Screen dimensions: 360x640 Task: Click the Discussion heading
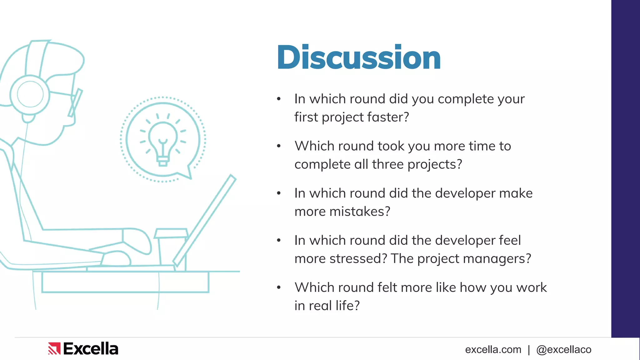click(x=358, y=57)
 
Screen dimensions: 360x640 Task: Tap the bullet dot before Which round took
click(x=279, y=146)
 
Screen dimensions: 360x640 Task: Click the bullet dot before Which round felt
click(x=279, y=287)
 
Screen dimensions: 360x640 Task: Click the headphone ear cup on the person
click(x=30, y=94)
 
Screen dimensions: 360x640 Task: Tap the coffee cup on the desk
click(x=170, y=247)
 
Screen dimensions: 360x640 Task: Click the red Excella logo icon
click(x=54, y=349)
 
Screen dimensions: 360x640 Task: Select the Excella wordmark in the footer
click(x=91, y=349)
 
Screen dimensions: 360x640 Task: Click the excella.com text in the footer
click(x=493, y=349)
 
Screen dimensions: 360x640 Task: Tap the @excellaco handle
click(x=563, y=349)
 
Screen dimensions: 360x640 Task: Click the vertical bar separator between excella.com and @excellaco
click(x=529, y=350)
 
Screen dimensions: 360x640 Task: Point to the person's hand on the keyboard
click(x=116, y=258)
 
